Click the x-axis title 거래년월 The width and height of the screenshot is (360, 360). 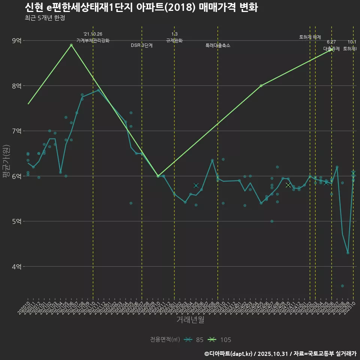click(190, 320)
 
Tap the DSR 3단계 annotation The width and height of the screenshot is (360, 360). click(142, 45)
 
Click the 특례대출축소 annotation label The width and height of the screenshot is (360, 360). click(218, 45)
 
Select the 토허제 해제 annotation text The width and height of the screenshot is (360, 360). click(310, 37)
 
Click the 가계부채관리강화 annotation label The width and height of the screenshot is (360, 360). click(93, 40)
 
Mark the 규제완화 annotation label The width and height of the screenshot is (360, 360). click(174, 40)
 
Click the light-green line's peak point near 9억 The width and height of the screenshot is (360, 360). click(71, 45)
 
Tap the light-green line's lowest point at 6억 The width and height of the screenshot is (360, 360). click(158, 176)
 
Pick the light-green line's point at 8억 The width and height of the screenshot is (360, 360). click(261, 86)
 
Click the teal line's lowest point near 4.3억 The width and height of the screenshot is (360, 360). click(348, 253)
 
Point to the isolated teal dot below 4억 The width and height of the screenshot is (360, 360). click(342, 286)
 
